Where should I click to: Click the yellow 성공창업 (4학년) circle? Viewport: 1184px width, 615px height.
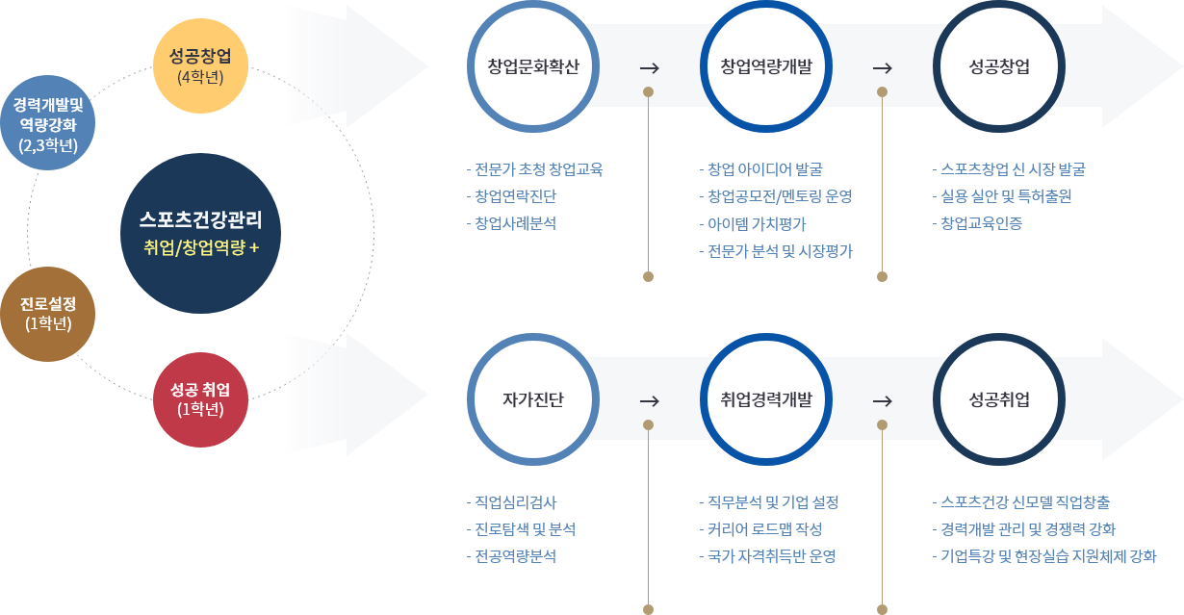tap(200, 65)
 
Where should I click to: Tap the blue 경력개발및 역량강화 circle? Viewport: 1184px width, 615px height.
tap(48, 122)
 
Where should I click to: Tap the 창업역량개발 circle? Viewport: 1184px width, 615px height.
tap(766, 67)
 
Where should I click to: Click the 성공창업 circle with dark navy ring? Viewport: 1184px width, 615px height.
tap(998, 67)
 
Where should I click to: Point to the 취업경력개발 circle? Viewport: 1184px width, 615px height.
tap(766, 399)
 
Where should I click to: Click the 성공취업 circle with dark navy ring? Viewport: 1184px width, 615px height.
tap(998, 399)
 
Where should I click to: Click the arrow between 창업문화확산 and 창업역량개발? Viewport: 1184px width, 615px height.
tap(649, 68)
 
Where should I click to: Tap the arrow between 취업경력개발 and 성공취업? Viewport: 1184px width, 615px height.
tap(882, 400)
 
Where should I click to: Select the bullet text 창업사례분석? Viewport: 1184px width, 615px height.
tap(516, 223)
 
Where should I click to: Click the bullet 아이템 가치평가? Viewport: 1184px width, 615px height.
tap(758, 223)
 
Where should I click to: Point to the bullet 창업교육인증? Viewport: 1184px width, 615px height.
tap(982, 223)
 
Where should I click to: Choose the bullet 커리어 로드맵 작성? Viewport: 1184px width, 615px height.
tap(765, 529)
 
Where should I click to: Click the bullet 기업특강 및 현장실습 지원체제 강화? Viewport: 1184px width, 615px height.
tap(1048, 556)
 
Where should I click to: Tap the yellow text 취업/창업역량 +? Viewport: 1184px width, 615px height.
tap(200, 247)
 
